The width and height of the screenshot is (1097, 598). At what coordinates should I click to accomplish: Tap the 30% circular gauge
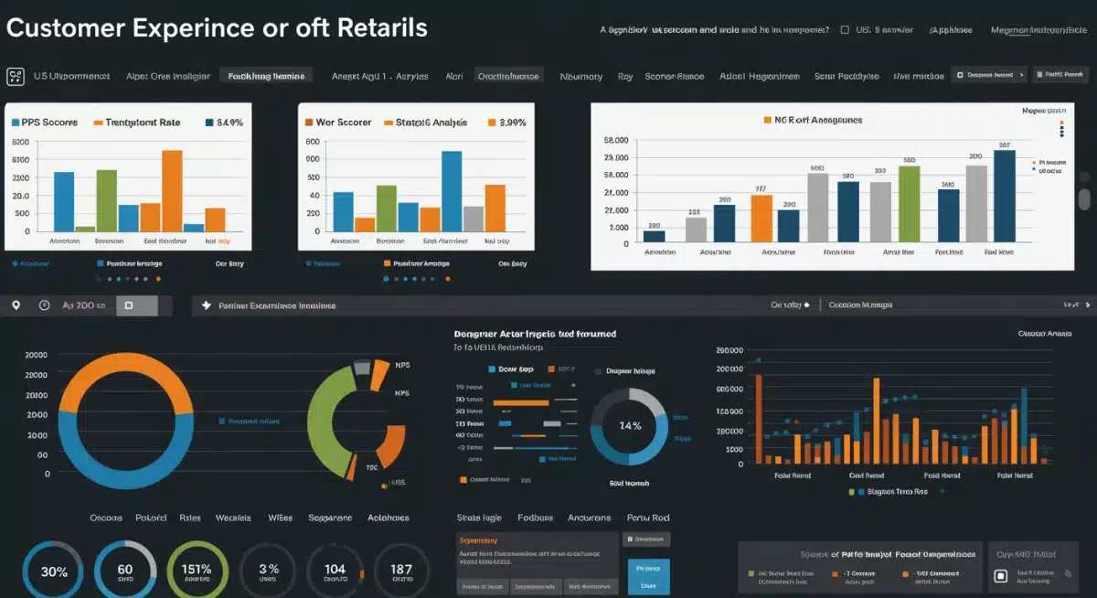click(53, 571)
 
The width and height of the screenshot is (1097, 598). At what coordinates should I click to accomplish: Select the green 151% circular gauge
click(197, 571)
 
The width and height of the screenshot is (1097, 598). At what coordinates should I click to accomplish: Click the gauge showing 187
click(400, 571)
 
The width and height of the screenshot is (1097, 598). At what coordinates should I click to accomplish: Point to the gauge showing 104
click(335, 571)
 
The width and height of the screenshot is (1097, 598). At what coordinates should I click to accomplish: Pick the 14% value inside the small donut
click(630, 426)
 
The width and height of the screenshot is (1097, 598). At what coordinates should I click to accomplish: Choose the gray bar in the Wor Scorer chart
click(474, 219)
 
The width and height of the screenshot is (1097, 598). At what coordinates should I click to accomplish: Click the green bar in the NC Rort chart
click(909, 203)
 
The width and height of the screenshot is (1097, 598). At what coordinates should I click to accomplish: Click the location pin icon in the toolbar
click(16, 305)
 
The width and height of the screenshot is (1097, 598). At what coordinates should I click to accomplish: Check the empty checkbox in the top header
click(844, 30)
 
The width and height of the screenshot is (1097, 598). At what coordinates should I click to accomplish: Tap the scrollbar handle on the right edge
click(1084, 199)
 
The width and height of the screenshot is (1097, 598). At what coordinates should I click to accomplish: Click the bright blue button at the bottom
click(648, 577)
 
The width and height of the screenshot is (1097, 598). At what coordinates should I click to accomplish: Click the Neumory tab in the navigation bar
click(580, 76)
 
